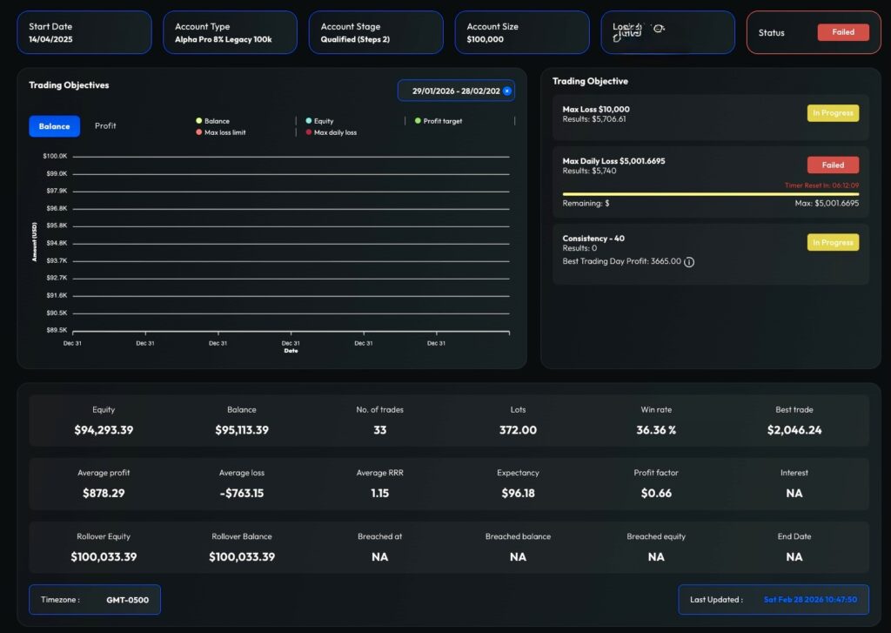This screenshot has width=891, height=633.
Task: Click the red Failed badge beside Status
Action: click(842, 32)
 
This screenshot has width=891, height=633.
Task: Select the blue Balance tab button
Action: click(54, 126)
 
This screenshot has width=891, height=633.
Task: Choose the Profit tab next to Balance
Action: click(105, 126)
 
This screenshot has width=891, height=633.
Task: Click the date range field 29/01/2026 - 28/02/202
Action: click(454, 91)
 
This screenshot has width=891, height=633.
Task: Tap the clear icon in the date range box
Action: click(507, 91)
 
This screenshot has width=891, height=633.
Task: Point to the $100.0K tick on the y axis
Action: click(55, 156)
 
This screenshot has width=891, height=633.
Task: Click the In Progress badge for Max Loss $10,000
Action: click(833, 113)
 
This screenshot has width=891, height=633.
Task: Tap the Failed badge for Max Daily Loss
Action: click(833, 165)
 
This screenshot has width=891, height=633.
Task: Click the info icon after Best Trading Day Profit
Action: click(689, 261)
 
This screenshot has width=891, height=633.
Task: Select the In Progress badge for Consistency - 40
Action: click(833, 242)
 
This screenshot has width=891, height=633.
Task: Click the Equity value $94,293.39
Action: click(104, 430)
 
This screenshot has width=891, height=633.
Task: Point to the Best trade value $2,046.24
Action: click(794, 430)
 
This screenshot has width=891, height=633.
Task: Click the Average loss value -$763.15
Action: click(241, 493)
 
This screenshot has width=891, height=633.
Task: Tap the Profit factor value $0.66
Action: click(655, 493)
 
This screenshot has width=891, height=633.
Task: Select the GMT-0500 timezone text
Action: click(126, 600)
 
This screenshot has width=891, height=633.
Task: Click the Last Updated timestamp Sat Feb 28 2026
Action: click(810, 600)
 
